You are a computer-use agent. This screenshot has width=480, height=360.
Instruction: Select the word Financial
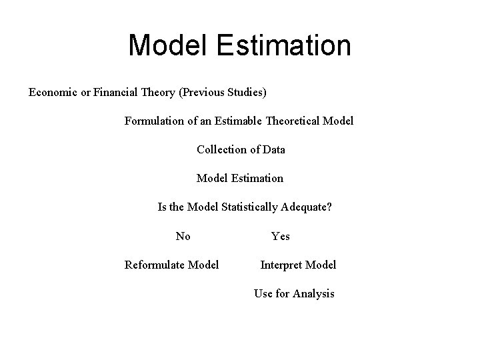tap(116, 92)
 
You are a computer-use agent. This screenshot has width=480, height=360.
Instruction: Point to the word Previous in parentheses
tap(203, 92)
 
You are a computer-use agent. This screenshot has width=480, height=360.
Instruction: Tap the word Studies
tap(247, 92)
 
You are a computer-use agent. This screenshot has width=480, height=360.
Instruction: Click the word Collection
tap(222, 149)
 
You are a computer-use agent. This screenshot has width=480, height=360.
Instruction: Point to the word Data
tap(273, 149)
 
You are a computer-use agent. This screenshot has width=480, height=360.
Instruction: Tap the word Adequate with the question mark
tap(307, 207)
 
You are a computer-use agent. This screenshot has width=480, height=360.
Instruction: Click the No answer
tap(183, 236)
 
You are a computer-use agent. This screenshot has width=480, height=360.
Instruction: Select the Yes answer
tap(280, 236)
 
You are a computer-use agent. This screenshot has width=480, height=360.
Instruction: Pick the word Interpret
tap(281, 265)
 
